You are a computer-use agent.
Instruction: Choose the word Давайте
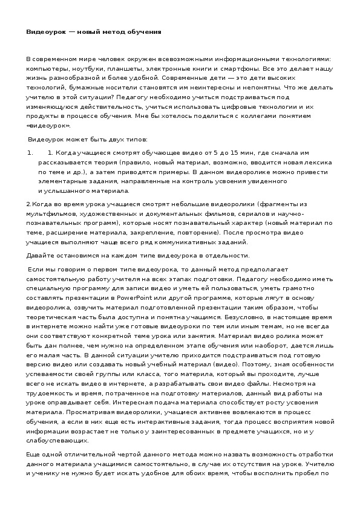(39, 256)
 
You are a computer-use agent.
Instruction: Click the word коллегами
(263, 116)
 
